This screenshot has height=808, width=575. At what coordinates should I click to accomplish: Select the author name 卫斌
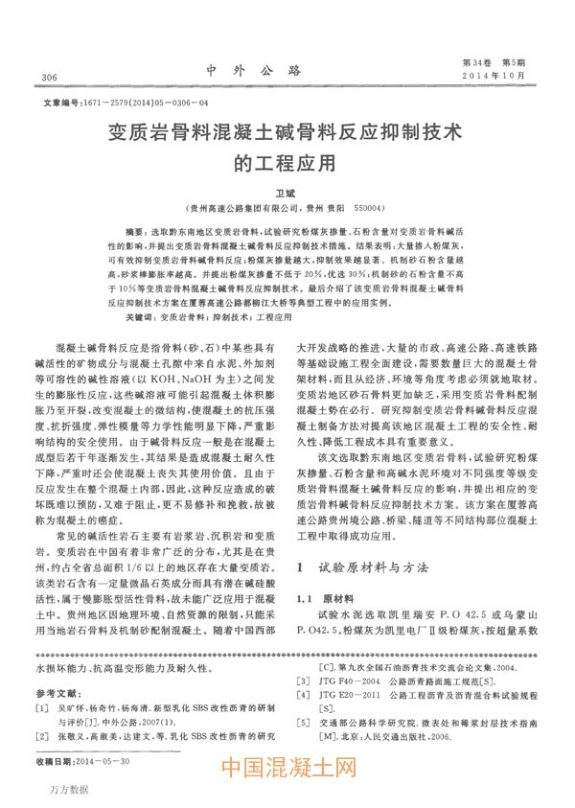point(287,194)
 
